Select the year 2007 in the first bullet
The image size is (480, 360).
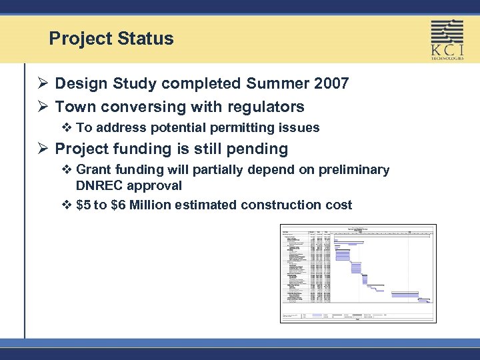pyautogui.click(x=329, y=84)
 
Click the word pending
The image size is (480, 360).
pyautogui.click(x=259, y=149)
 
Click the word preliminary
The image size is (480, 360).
pyautogui.click(x=353, y=170)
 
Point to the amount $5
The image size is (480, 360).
pyautogui.click(x=83, y=205)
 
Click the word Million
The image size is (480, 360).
pyautogui.click(x=153, y=205)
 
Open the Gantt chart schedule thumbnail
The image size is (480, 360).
pyautogui.click(x=358, y=273)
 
